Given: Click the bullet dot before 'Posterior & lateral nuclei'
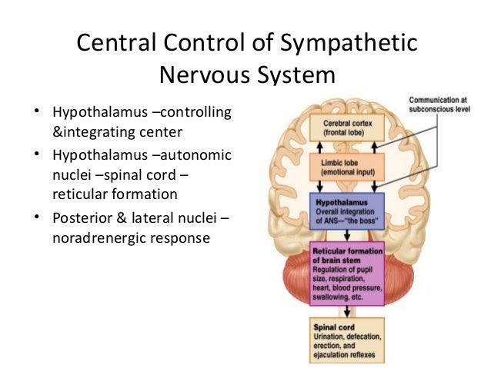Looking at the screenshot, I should click(35, 220).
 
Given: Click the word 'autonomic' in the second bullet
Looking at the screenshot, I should click(193, 156).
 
